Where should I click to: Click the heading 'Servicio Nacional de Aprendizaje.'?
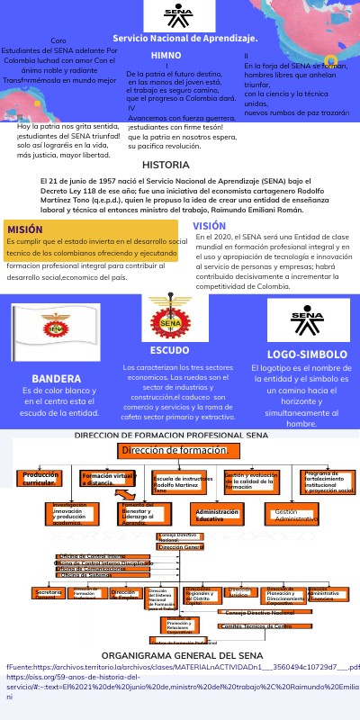coord(184,39)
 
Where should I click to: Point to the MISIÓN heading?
coord(25,229)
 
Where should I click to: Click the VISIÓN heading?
coord(209,226)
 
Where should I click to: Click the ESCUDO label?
coord(169,350)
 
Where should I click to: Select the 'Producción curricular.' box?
coord(41,478)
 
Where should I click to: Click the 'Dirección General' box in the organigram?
coord(181,546)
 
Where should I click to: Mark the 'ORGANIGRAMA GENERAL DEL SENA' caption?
coord(169,655)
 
